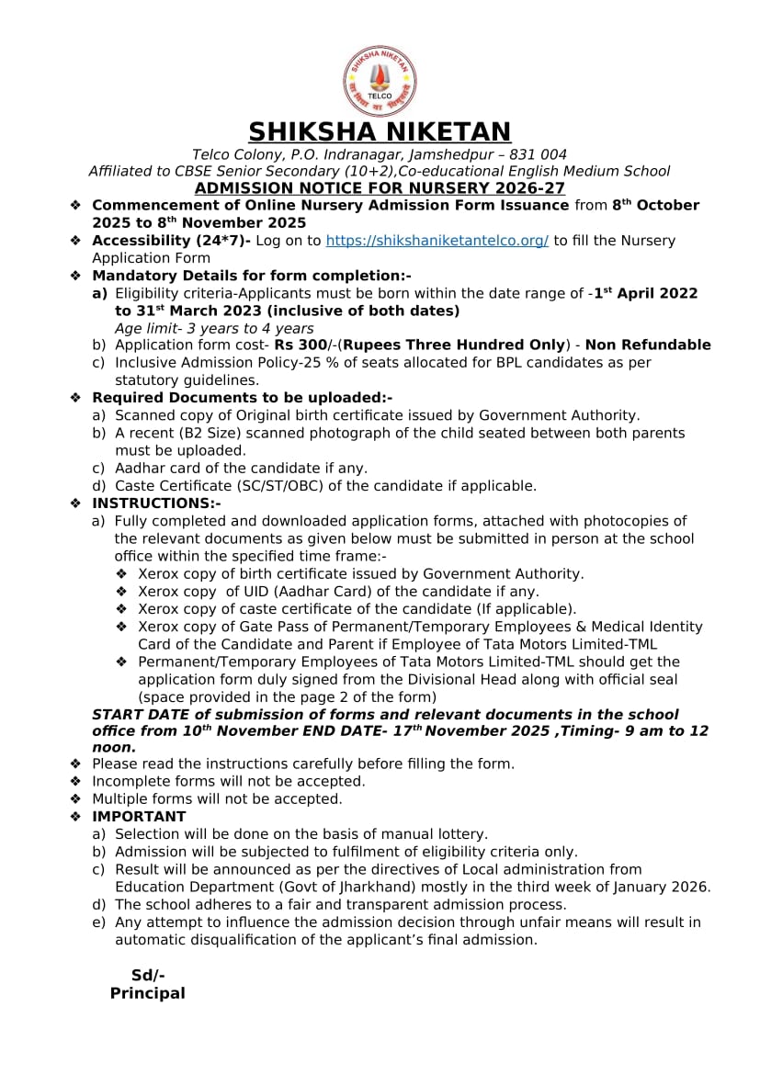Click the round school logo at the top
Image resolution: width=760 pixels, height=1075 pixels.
(x=380, y=81)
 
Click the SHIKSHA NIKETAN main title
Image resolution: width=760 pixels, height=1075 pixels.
(x=380, y=132)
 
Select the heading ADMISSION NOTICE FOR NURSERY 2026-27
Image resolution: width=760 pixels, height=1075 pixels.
(x=380, y=188)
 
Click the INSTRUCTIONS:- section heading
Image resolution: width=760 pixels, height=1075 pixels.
(x=156, y=504)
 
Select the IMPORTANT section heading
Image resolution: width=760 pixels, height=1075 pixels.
(x=139, y=817)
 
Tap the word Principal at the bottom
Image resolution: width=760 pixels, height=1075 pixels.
(x=147, y=993)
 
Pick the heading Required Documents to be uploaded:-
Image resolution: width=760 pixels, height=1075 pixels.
(x=242, y=398)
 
